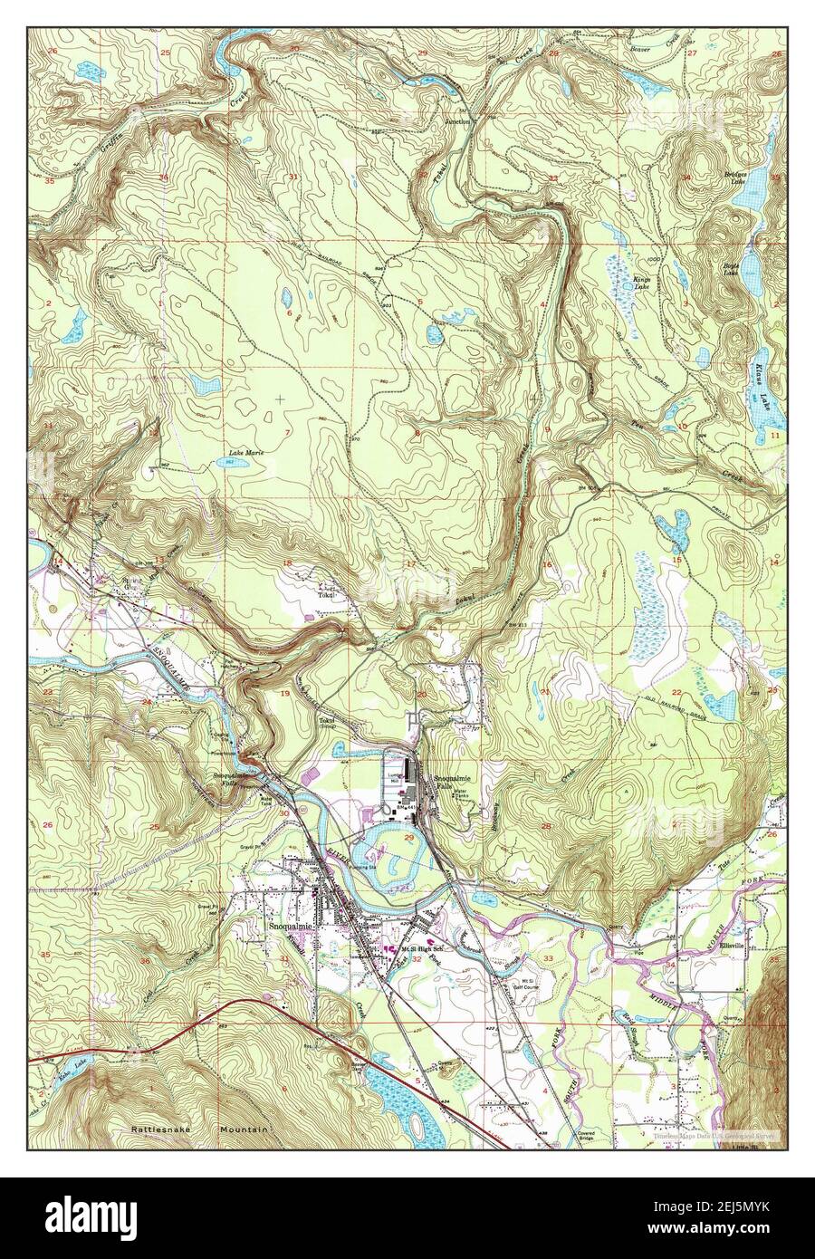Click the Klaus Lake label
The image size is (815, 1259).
tap(760, 381)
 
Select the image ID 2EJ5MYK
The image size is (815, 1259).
tap(719, 1206)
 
